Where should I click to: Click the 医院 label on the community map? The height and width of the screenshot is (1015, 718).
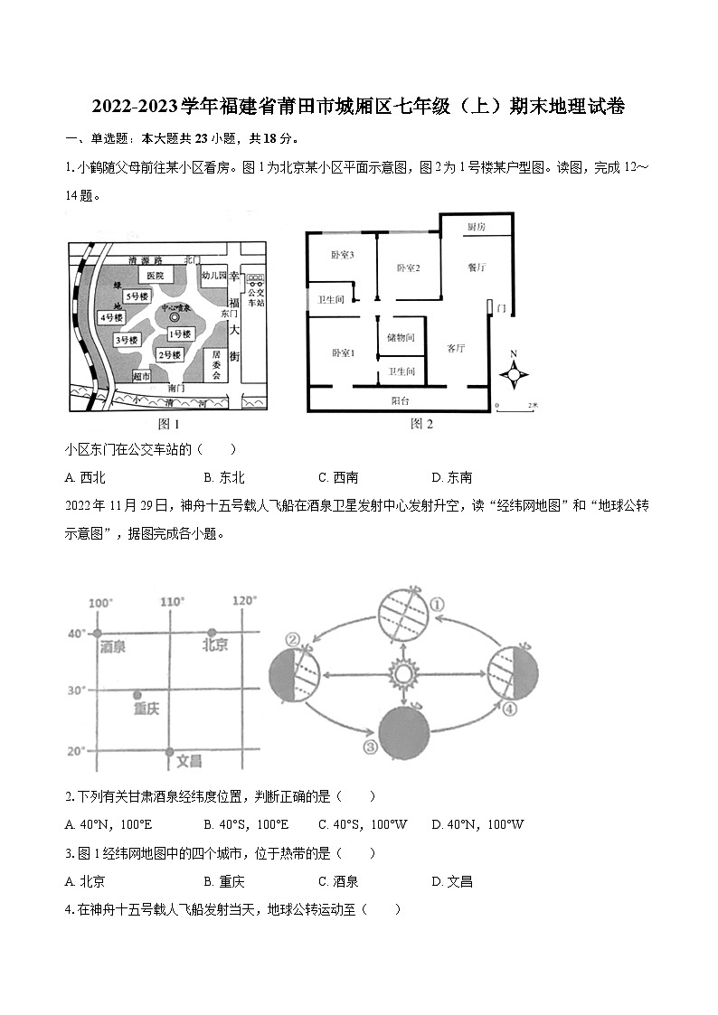[x=155, y=275]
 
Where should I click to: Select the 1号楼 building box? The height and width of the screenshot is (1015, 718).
[x=180, y=334]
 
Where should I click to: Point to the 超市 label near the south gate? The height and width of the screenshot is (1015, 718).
[x=141, y=375]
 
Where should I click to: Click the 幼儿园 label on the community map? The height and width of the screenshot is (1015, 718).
[x=213, y=274]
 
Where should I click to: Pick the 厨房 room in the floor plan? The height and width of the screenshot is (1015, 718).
[x=476, y=227]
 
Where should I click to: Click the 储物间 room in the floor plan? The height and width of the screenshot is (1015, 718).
[x=400, y=338]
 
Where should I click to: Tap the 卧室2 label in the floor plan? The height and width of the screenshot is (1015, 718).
[x=409, y=268]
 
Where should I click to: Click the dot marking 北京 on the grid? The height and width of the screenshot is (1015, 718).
[x=212, y=633]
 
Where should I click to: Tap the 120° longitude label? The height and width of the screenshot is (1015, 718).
[x=244, y=601]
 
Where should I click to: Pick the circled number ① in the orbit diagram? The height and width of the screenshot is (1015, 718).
[x=436, y=604]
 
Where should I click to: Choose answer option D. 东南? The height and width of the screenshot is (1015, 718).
[x=451, y=477]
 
